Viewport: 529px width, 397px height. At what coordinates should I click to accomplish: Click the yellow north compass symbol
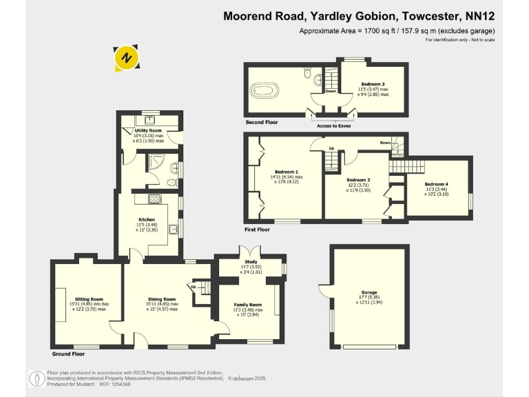(x=125, y=59)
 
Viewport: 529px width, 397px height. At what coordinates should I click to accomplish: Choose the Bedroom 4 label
(x=436, y=184)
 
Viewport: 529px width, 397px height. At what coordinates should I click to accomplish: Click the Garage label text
(x=369, y=292)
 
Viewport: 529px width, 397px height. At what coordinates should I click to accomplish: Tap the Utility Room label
(x=148, y=130)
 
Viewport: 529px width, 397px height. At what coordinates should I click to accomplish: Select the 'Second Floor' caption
(x=262, y=122)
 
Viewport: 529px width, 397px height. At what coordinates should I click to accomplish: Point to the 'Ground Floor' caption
(x=68, y=354)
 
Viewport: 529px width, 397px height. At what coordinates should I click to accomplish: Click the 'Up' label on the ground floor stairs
(x=194, y=287)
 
